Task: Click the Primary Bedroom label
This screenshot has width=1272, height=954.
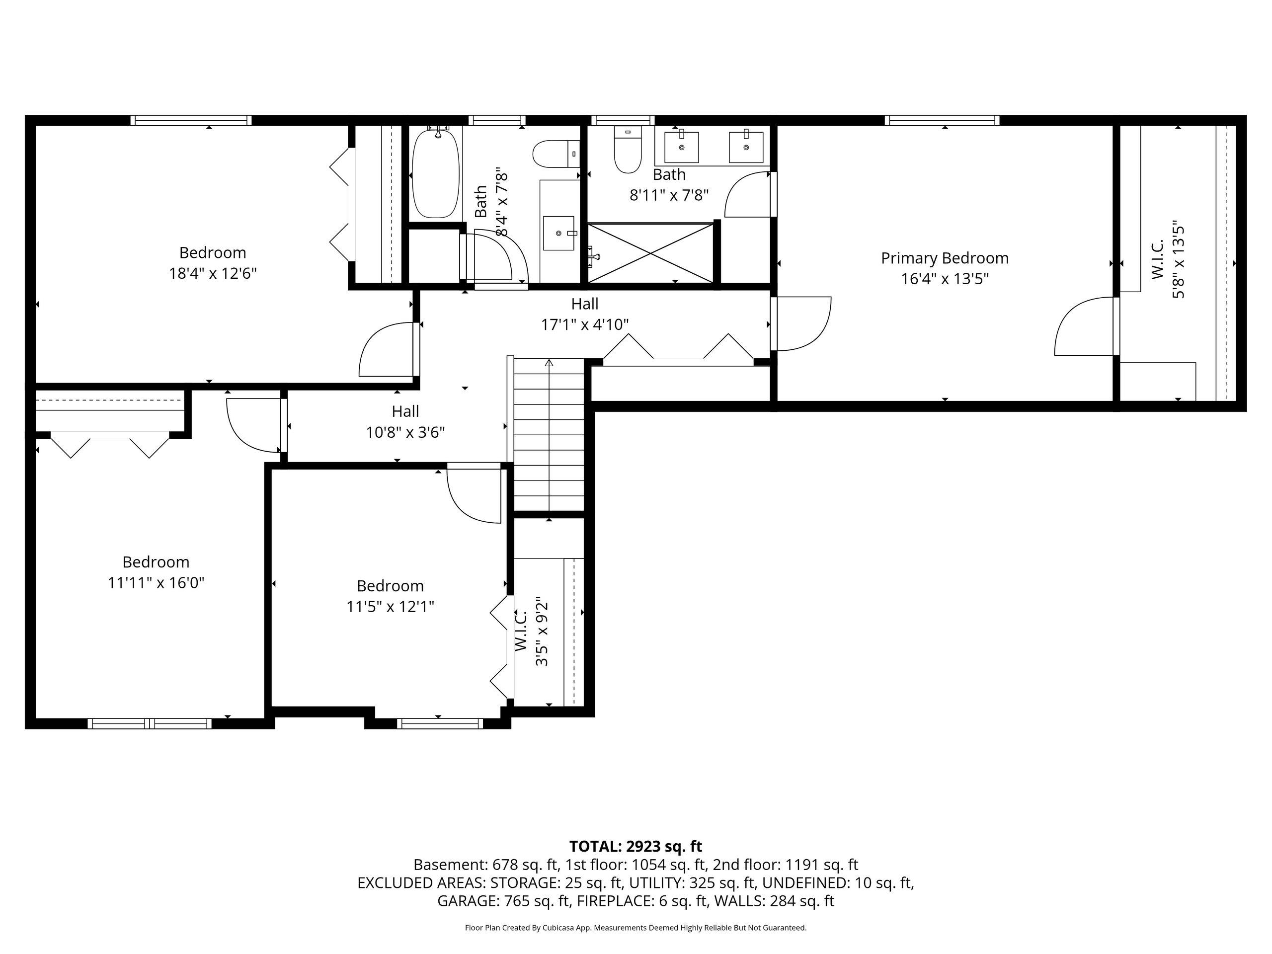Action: pyautogui.click(x=945, y=258)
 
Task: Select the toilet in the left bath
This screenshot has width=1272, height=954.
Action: pyautogui.click(x=556, y=154)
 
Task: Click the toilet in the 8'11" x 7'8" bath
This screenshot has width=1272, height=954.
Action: pyautogui.click(x=628, y=150)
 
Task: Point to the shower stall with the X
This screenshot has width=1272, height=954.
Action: pyautogui.click(x=650, y=253)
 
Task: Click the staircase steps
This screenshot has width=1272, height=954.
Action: pyautogui.click(x=549, y=434)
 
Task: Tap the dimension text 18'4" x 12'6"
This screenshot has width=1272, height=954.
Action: pyautogui.click(x=212, y=273)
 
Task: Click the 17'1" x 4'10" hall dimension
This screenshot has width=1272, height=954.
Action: pyautogui.click(x=585, y=325)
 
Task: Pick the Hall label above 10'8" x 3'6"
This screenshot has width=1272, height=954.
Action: pyautogui.click(x=405, y=411)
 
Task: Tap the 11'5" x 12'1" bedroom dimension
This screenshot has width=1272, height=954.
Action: pyautogui.click(x=390, y=607)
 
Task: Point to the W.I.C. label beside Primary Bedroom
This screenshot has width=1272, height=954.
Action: pyautogui.click(x=1158, y=260)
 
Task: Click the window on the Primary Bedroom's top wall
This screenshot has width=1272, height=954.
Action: pyautogui.click(x=942, y=120)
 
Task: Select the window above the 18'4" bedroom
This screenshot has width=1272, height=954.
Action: pyautogui.click(x=191, y=120)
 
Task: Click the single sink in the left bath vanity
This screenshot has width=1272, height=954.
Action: pyautogui.click(x=559, y=234)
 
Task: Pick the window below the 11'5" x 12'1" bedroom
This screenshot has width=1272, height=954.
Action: pyautogui.click(x=440, y=723)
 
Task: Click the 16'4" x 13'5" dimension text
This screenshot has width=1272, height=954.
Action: pyautogui.click(x=945, y=279)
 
